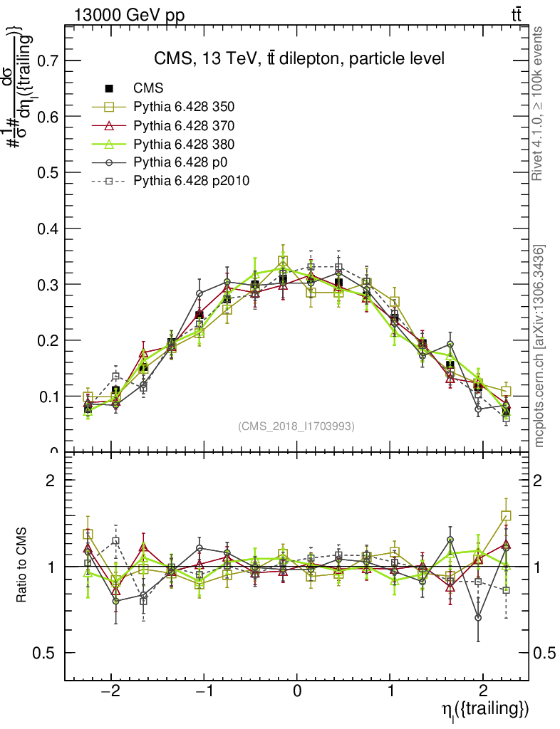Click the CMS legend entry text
click(x=148, y=88)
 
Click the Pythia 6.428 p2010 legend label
click(x=191, y=182)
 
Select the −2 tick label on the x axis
click(x=110, y=692)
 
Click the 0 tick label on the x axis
click(x=298, y=692)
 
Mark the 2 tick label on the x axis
click(x=483, y=692)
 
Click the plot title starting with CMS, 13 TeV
click(x=299, y=59)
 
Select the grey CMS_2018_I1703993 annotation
click(x=296, y=426)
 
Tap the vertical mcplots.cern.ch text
click(x=539, y=346)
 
